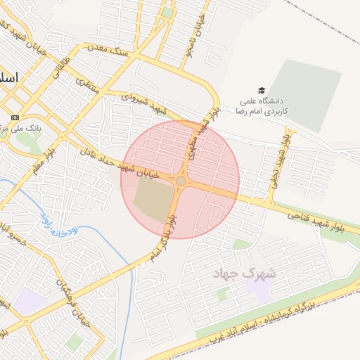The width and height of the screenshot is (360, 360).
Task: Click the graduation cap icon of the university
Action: pos(262,91)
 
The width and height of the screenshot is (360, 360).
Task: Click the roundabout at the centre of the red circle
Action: pos(181,181)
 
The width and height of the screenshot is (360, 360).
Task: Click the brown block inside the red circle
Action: pos(153,199)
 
